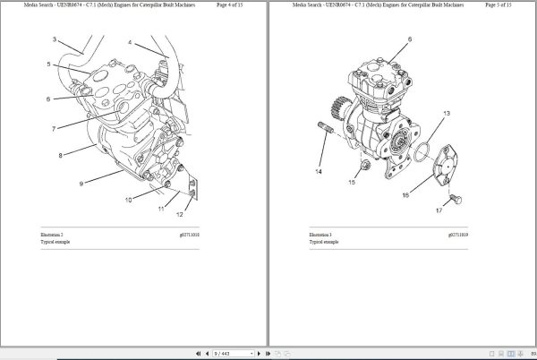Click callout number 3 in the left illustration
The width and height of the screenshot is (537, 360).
click(55, 39)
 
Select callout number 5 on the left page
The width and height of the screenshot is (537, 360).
click(49, 64)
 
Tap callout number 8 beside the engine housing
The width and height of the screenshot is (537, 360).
click(61, 156)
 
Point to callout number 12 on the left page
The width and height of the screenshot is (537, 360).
click(179, 214)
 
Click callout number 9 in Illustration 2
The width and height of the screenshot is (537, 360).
click(81, 184)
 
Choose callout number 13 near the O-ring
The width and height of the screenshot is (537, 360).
click(447, 113)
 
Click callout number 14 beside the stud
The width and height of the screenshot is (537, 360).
click(317, 169)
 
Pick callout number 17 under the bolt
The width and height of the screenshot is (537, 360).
click(439, 211)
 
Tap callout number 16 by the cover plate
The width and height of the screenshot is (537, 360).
click(405, 194)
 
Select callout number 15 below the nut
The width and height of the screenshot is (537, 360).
click(352, 182)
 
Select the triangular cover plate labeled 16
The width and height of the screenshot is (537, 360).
click(445, 171)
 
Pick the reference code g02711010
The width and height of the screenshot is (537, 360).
click(186, 234)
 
